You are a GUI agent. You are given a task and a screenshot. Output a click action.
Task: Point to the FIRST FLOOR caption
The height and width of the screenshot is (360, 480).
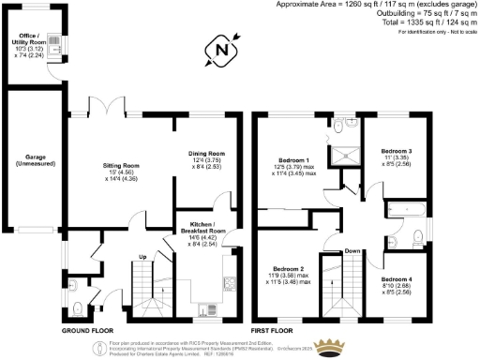click(273, 332)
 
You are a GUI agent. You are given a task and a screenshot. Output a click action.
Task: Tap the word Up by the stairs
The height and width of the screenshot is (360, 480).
click(142, 256)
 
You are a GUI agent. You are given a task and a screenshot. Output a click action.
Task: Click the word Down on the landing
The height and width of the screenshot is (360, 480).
click(352, 251)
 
